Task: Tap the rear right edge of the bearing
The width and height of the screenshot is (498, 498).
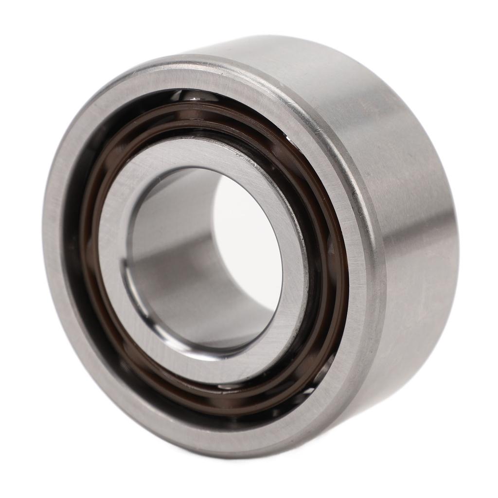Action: pos(455,243)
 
